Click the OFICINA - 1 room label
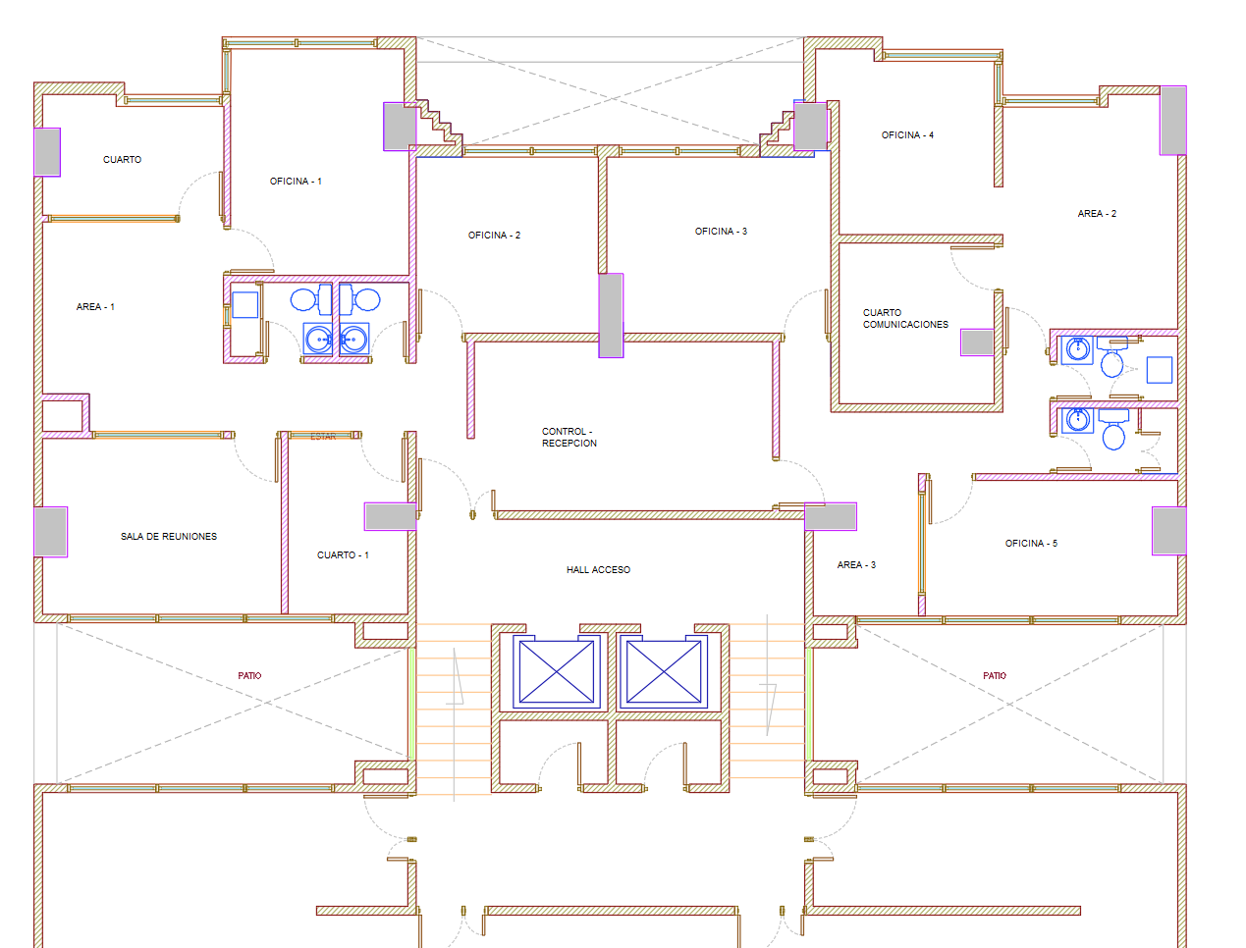296,181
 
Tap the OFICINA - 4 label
907,135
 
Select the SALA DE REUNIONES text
169,536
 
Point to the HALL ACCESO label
598,569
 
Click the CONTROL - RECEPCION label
569,437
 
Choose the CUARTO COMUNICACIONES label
905,318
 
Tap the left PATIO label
249,676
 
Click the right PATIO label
995,676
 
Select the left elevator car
557,671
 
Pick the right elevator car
664,671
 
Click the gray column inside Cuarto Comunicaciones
977,342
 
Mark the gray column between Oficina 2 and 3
611,315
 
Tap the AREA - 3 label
856,564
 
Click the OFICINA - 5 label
1031,543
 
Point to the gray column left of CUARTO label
47,152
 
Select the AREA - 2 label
1097,213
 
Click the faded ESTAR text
323,437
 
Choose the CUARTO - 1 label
343,554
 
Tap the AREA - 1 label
95,306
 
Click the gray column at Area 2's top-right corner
1172,121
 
